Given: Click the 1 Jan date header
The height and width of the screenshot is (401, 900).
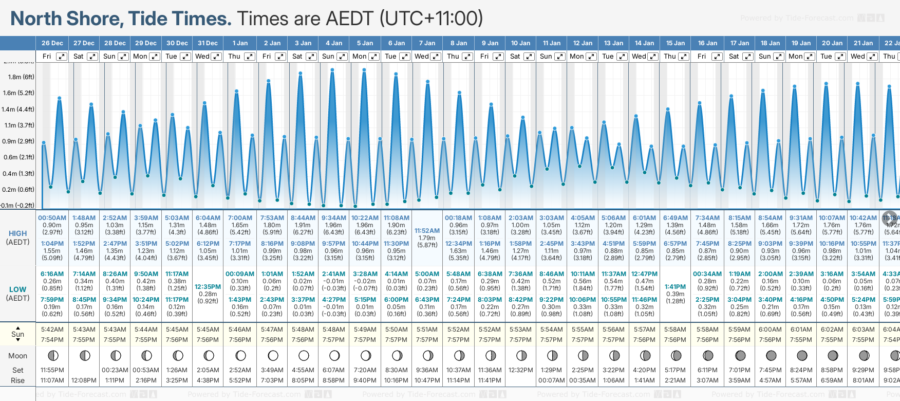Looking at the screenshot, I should tap(240, 43).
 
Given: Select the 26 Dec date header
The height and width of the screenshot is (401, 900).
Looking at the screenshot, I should tap(52, 43).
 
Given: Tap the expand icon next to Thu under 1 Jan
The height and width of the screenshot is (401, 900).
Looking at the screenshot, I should tap(250, 57).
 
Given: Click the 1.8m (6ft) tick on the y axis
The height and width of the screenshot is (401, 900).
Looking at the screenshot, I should tap(22, 77).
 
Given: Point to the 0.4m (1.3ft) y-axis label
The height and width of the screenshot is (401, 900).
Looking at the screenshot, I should tap(18, 174).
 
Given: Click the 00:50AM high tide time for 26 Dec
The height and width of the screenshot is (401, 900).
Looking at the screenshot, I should tap(52, 218).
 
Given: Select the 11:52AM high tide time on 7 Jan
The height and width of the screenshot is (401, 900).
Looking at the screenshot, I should tap(427, 231).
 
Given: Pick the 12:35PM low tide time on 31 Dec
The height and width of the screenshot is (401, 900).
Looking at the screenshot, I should tap(208, 287).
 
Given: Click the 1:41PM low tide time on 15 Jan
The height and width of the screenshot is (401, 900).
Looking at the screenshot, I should tap(675, 287).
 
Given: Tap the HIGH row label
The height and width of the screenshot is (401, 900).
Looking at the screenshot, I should tap(18, 233).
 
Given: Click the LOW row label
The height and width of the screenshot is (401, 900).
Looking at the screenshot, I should tap(18, 289).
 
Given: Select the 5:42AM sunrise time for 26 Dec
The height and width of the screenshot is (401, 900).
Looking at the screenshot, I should tap(52, 330).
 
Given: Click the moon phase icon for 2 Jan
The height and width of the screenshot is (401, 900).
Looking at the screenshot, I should tap(273, 356).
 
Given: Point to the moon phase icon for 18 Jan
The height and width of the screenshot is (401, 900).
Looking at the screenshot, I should tap(771, 356).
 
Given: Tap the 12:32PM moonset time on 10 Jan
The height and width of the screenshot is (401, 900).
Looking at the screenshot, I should tap(520, 370).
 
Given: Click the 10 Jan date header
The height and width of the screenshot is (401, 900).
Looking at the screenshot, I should tap(520, 43).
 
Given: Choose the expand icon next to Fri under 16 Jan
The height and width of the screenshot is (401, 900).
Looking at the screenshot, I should tap(716, 57).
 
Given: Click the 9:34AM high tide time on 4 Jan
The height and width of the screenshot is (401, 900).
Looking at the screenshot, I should tap(334, 218).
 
